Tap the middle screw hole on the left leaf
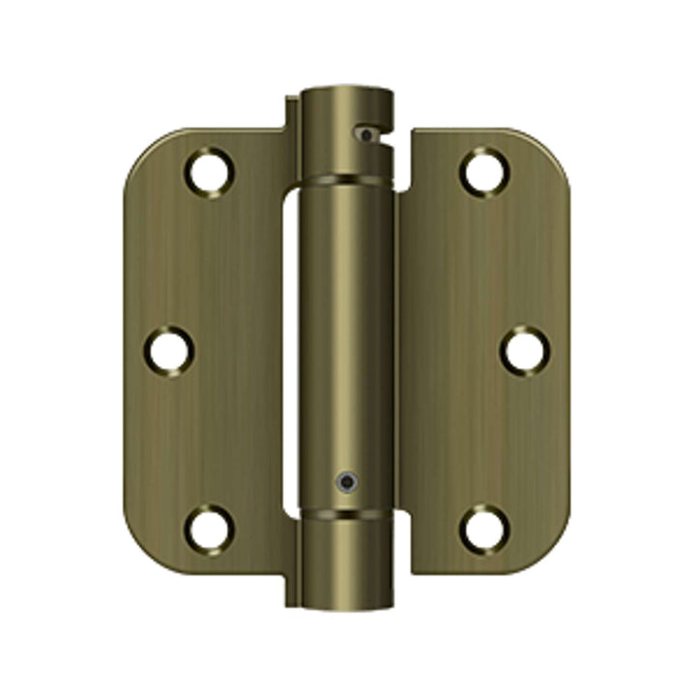click(x=169, y=350)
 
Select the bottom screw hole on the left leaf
click(x=210, y=528)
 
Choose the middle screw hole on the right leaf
click(x=524, y=350)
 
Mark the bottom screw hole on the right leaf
click(x=483, y=528)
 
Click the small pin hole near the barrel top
click(x=364, y=135)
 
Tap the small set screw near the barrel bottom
click(x=345, y=479)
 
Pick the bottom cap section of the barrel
click(x=345, y=561)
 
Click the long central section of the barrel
click(x=345, y=338)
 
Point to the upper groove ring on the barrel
click(x=345, y=179)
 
